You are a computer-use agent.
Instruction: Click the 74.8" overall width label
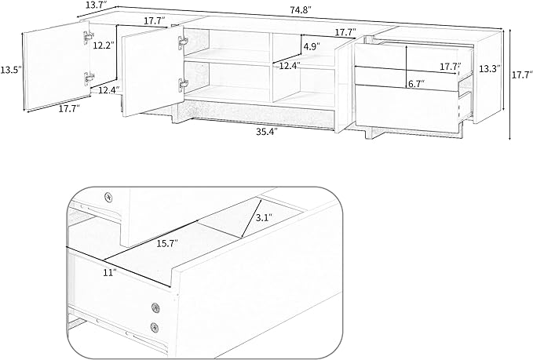[x=301, y=10]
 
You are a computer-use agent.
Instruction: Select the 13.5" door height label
[x=11, y=70]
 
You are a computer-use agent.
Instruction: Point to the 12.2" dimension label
[x=104, y=45]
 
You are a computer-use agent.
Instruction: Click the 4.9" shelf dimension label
[x=312, y=46]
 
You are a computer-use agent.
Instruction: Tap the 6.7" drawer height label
[x=417, y=84]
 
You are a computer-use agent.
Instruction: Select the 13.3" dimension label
[x=490, y=68]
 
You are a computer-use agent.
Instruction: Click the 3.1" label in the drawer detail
[x=263, y=218]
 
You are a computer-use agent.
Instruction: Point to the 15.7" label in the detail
[x=167, y=243]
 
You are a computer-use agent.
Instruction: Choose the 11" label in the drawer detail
[x=110, y=272]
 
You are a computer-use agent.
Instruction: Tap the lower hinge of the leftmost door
[x=89, y=78]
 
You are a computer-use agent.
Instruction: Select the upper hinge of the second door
[x=183, y=42]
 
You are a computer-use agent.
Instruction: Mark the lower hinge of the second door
[x=183, y=84]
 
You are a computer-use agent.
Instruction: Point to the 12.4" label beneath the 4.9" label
[x=290, y=66]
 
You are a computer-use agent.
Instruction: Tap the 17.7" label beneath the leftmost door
[x=69, y=109]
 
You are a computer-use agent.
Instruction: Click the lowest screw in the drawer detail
[x=155, y=327]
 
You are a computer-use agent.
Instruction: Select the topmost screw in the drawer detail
[x=108, y=196]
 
